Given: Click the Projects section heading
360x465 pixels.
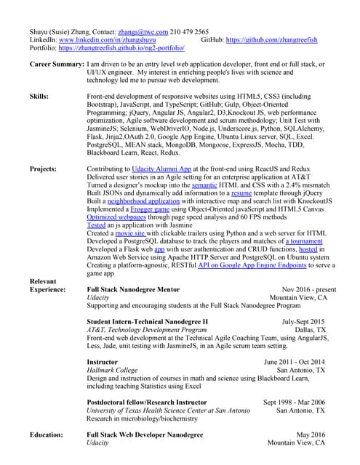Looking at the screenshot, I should [x=44, y=169].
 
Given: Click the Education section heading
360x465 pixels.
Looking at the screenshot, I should [x=49, y=434].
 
